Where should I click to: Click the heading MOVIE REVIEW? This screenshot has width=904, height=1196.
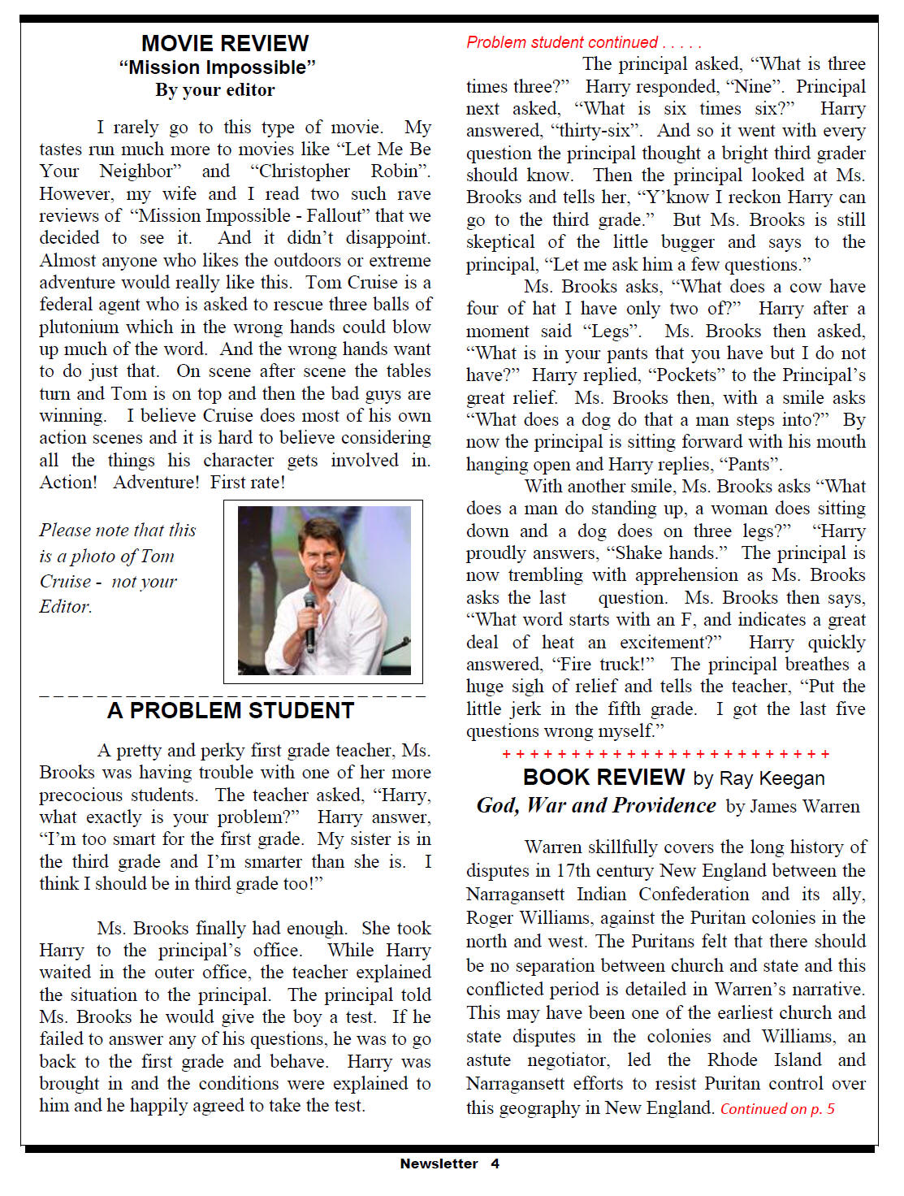(224, 43)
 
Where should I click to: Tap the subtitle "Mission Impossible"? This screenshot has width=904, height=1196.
(217, 67)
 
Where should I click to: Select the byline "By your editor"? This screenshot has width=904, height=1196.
(215, 90)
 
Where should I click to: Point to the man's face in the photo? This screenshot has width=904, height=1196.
(318, 556)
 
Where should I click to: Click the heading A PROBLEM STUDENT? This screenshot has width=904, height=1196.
(231, 711)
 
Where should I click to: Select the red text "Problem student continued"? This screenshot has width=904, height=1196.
(562, 42)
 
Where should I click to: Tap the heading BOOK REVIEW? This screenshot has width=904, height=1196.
(603, 778)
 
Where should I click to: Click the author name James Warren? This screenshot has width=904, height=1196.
(804, 807)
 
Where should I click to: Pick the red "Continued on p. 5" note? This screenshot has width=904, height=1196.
(777, 1109)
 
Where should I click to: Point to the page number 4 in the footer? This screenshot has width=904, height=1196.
(495, 1163)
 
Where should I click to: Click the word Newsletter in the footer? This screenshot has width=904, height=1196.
(439, 1163)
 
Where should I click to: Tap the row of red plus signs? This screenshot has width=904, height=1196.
(666, 754)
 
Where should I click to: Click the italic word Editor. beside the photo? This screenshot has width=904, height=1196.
(66, 607)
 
